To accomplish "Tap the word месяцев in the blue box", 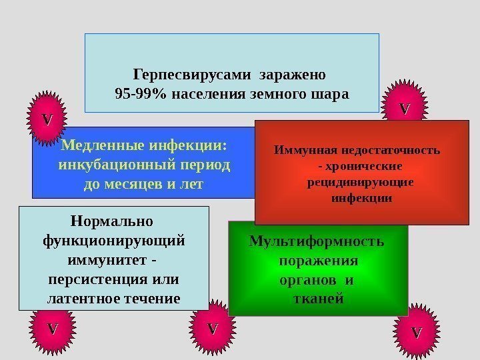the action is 139,182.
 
